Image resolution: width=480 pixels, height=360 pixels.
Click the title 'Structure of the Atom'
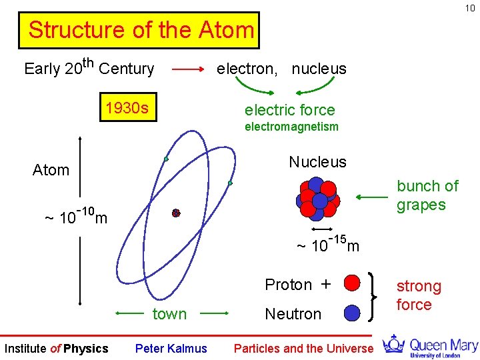141,31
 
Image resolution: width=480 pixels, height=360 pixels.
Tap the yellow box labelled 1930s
127,108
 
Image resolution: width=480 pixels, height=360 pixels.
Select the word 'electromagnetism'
291,127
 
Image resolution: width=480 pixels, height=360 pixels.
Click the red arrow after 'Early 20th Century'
188,69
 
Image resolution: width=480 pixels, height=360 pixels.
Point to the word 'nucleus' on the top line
319,69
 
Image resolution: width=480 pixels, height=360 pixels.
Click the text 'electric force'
289,110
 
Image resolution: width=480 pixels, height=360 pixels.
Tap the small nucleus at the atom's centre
176,213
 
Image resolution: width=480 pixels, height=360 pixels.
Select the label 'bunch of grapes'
427,195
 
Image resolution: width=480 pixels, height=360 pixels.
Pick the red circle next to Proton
353,283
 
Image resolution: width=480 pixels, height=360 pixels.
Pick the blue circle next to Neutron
353,313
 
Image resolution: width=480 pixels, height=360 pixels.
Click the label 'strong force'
418,295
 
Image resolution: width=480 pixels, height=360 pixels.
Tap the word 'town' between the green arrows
169,314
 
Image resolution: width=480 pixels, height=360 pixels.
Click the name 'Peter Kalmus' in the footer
171,348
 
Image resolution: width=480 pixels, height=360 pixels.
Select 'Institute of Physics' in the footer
56,348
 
